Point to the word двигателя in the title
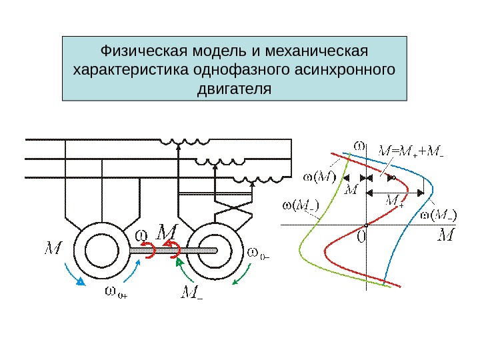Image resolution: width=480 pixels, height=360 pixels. pos(235,88)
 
